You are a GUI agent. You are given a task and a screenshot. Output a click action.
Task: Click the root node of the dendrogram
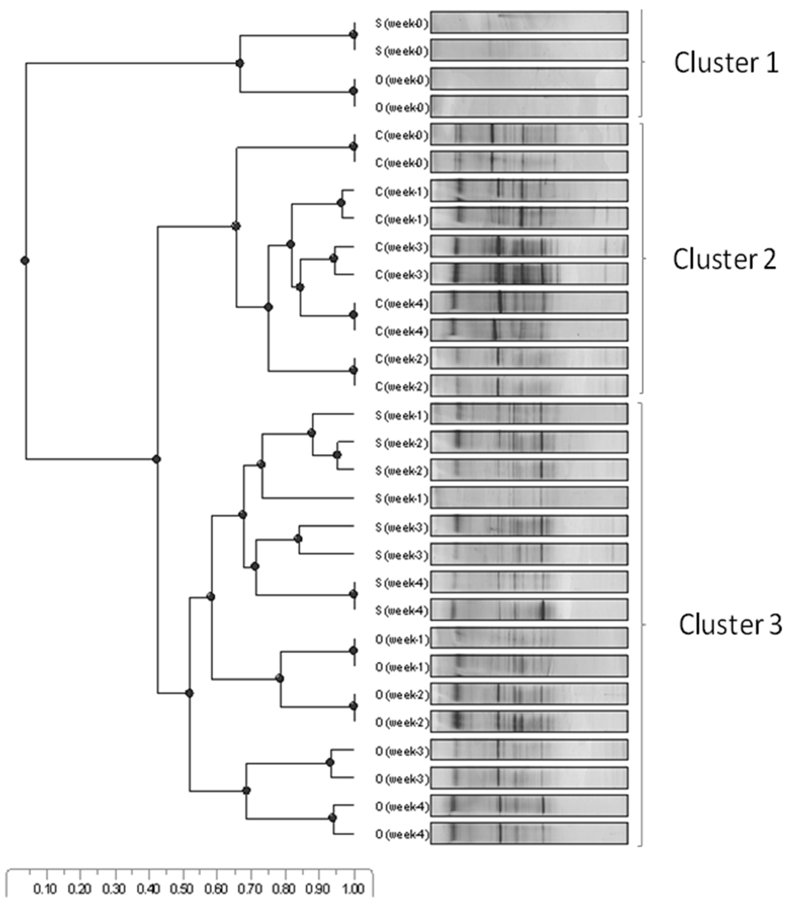(25, 260)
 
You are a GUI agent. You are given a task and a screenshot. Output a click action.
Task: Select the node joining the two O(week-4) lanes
(333, 818)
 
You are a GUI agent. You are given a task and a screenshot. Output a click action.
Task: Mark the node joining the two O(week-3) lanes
(330, 762)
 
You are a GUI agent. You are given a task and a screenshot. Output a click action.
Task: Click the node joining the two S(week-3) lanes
(298, 538)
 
